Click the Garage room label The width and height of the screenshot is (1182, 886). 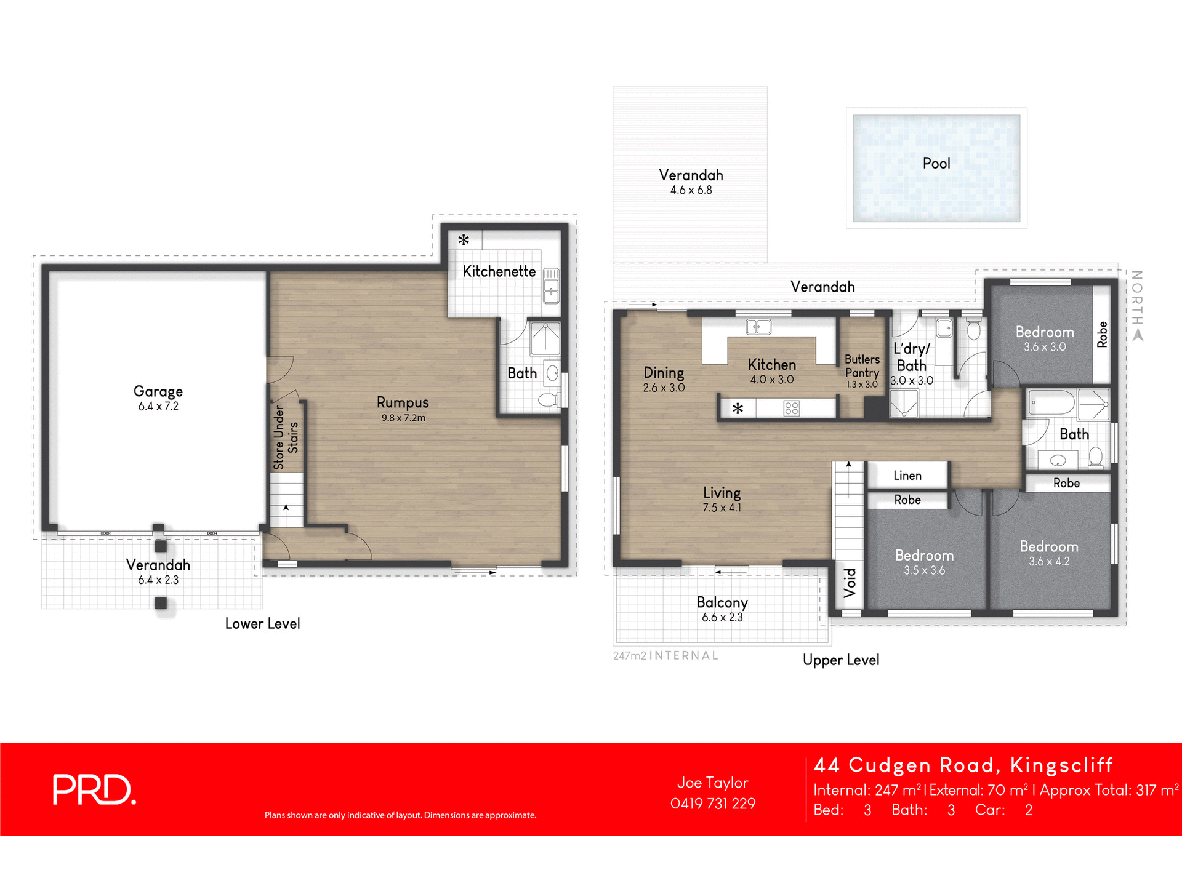click(158, 391)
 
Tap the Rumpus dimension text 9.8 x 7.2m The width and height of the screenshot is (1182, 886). click(403, 418)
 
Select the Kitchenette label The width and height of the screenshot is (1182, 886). click(499, 271)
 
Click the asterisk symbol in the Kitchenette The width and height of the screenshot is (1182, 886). click(464, 240)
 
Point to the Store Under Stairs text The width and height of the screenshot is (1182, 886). click(286, 437)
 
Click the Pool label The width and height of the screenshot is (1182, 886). click(936, 163)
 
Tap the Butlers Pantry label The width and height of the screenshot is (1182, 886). click(862, 366)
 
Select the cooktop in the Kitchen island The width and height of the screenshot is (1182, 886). click(792, 408)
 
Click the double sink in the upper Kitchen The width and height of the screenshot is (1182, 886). click(758, 327)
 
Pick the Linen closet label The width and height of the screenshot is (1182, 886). click(907, 476)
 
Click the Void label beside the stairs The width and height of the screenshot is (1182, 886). click(850, 583)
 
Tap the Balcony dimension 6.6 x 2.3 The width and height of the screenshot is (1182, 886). click(722, 617)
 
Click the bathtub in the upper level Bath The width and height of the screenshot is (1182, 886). click(1051, 403)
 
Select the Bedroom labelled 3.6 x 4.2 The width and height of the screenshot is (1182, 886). click(1049, 546)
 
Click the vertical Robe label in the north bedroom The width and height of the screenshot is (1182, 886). click(1102, 334)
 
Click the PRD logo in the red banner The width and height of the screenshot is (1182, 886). click(94, 789)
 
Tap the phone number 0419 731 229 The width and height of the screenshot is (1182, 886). click(712, 804)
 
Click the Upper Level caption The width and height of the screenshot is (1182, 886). click(841, 660)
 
